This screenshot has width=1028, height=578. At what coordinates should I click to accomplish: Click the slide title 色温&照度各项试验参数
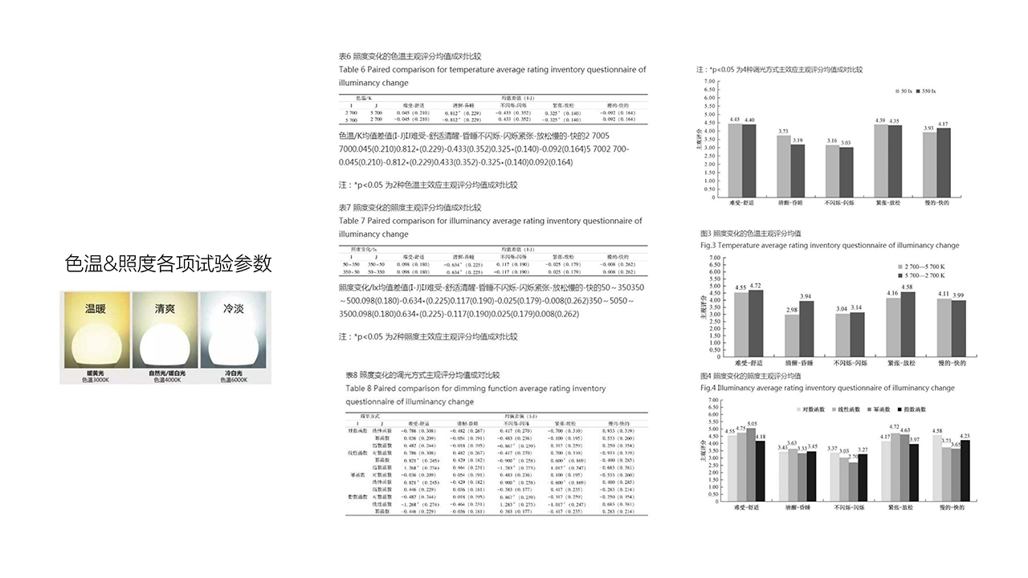169,263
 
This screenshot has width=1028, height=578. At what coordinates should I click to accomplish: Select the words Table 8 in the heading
359,389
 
